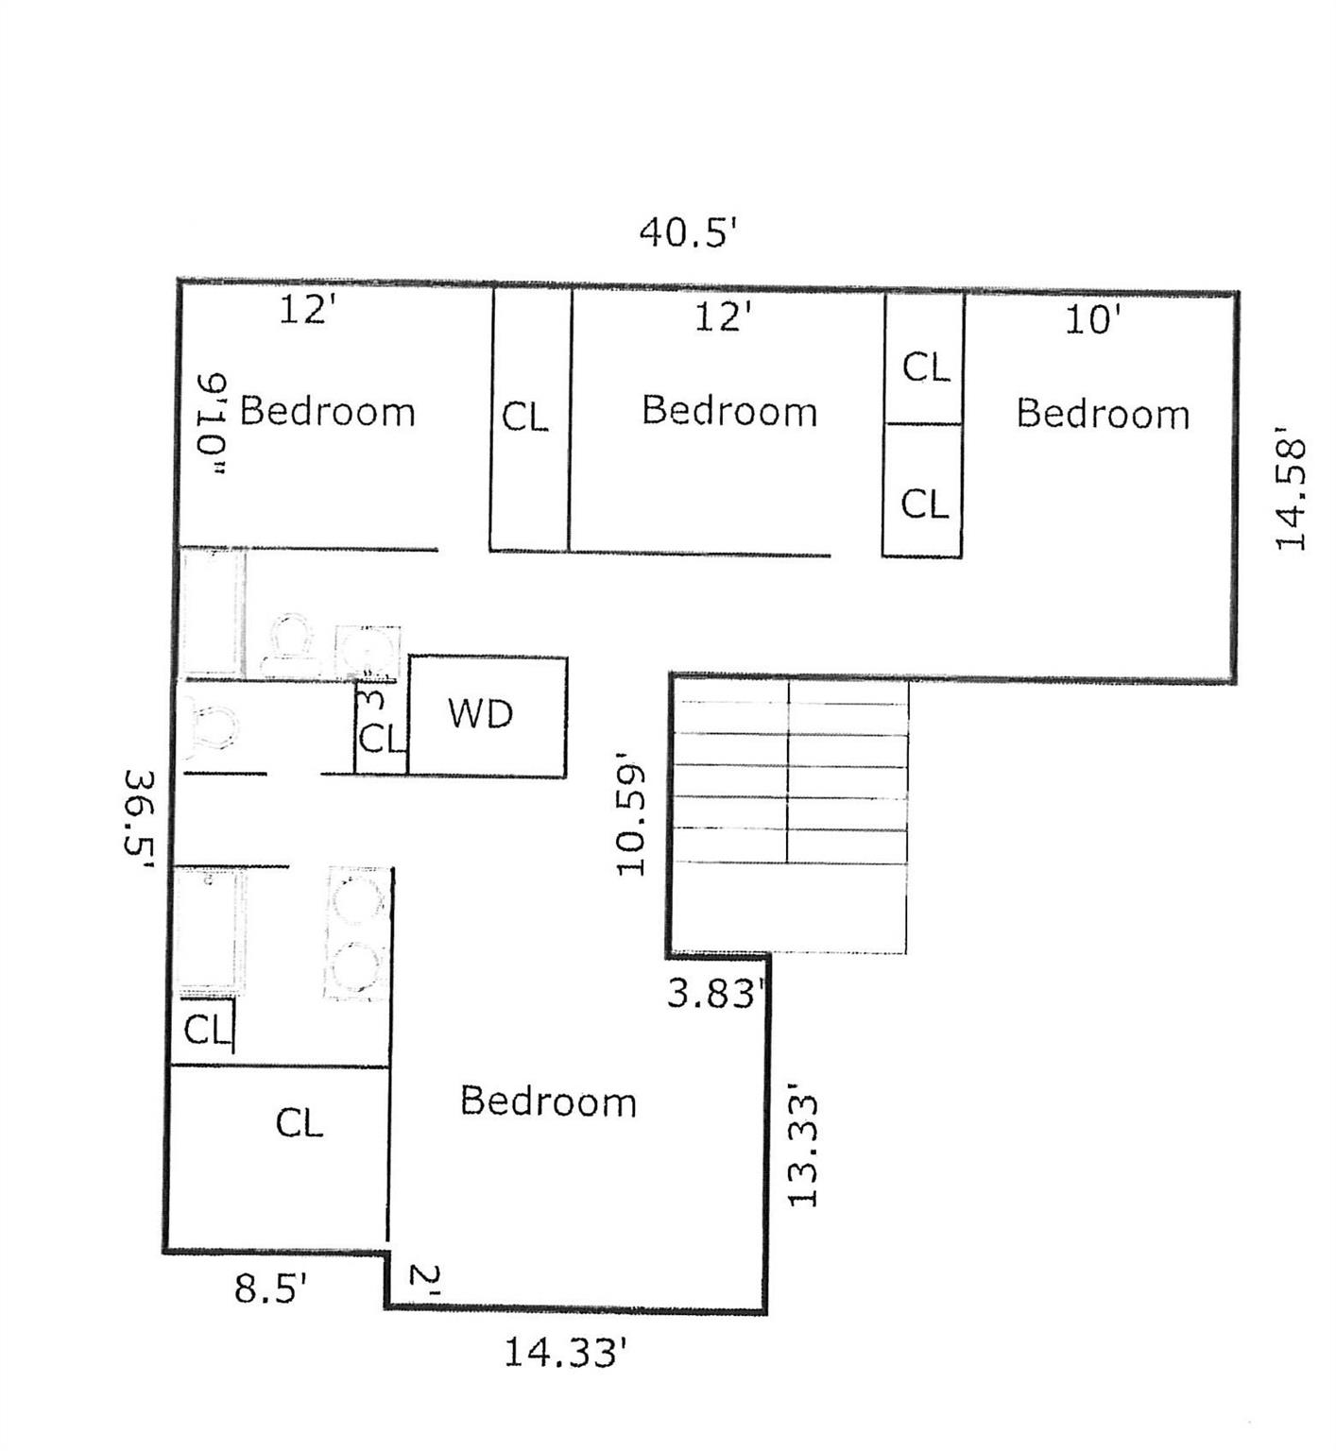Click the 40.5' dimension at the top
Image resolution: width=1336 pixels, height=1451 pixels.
click(687, 231)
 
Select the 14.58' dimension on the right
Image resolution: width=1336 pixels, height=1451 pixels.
click(1290, 488)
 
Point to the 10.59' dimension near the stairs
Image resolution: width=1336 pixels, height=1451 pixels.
click(631, 813)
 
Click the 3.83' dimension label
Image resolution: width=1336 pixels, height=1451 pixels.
click(715, 994)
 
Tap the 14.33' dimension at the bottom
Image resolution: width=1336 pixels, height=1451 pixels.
click(565, 1353)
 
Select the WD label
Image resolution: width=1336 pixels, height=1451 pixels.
click(481, 714)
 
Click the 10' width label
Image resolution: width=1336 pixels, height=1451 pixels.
click(1093, 320)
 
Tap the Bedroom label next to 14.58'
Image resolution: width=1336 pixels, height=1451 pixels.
click(1103, 414)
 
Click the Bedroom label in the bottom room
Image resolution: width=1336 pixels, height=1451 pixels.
click(548, 1101)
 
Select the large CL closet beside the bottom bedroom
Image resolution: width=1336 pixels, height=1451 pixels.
click(300, 1123)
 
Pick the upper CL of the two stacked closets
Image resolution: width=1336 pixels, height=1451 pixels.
click(926, 367)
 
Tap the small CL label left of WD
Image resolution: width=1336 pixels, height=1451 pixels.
click(381, 738)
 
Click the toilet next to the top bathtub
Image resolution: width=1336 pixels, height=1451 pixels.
click(287, 645)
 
